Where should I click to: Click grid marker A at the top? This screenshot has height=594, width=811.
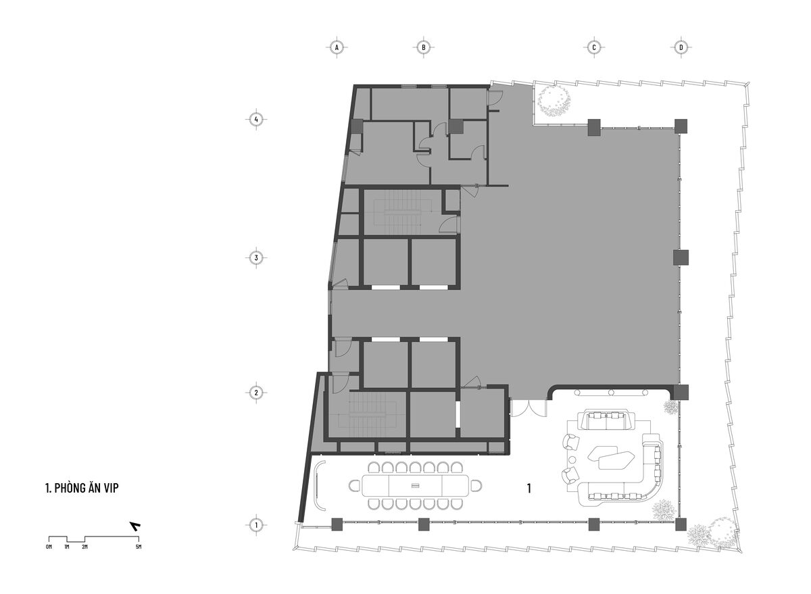click(337, 47)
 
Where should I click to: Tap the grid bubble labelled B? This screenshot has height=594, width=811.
click(423, 47)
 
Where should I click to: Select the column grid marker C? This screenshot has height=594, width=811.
click(594, 47)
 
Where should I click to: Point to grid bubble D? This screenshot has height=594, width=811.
click(681, 47)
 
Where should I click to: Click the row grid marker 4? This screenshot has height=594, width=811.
click(256, 119)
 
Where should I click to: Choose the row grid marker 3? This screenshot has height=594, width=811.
click(256, 258)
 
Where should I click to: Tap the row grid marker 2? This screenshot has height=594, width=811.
click(256, 393)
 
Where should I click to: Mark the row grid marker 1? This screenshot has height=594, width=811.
click(256, 525)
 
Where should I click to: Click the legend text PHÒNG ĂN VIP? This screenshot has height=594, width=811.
click(87, 488)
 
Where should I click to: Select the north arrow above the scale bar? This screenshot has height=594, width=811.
click(136, 526)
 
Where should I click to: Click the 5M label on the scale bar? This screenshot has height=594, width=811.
click(139, 547)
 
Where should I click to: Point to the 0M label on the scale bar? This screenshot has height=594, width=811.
click(49, 547)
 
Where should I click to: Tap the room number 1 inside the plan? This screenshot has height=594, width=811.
click(529, 489)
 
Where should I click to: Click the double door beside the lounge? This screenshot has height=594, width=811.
click(529, 407)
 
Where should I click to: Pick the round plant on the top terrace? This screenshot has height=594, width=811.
click(554, 101)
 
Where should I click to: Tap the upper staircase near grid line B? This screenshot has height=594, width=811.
click(403, 212)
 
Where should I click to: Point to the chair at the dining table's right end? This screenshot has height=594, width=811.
click(476, 485)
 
